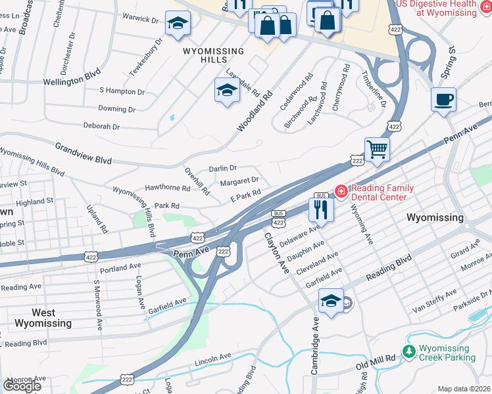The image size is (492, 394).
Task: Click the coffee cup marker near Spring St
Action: (444, 100)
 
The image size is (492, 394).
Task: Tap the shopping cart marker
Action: (378, 149)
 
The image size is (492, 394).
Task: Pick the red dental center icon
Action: (341, 192)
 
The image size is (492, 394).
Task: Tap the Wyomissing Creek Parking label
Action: (448, 353)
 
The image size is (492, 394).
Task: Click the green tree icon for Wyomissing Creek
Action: (409, 353)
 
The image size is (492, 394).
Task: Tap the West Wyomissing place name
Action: (43, 318)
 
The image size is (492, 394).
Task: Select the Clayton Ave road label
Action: (277, 252)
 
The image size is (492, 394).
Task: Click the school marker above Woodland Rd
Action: (226, 91)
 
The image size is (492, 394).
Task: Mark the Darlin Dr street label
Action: (222, 169)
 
